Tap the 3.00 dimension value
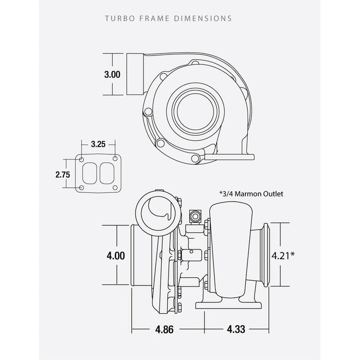click(x=112, y=75)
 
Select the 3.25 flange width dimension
click(x=98, y=145)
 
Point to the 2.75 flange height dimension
click(x=62, y=174)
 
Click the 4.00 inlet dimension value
click(x=116, y=255)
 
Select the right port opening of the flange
click(x=106, y=173)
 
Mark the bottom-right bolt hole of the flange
click(x=115, y=187)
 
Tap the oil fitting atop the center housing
click(x=195, y=217)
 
